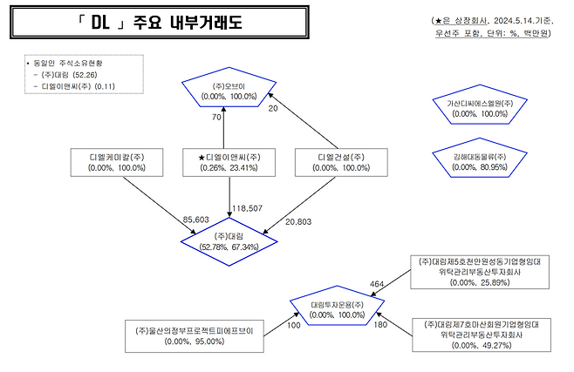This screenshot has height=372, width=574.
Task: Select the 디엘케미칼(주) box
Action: coord(109,161)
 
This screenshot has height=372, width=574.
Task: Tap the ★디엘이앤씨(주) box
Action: coord(224,161)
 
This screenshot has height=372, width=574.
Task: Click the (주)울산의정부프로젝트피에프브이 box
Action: coord(195,336)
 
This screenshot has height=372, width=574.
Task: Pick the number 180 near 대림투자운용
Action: coord(379,325)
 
